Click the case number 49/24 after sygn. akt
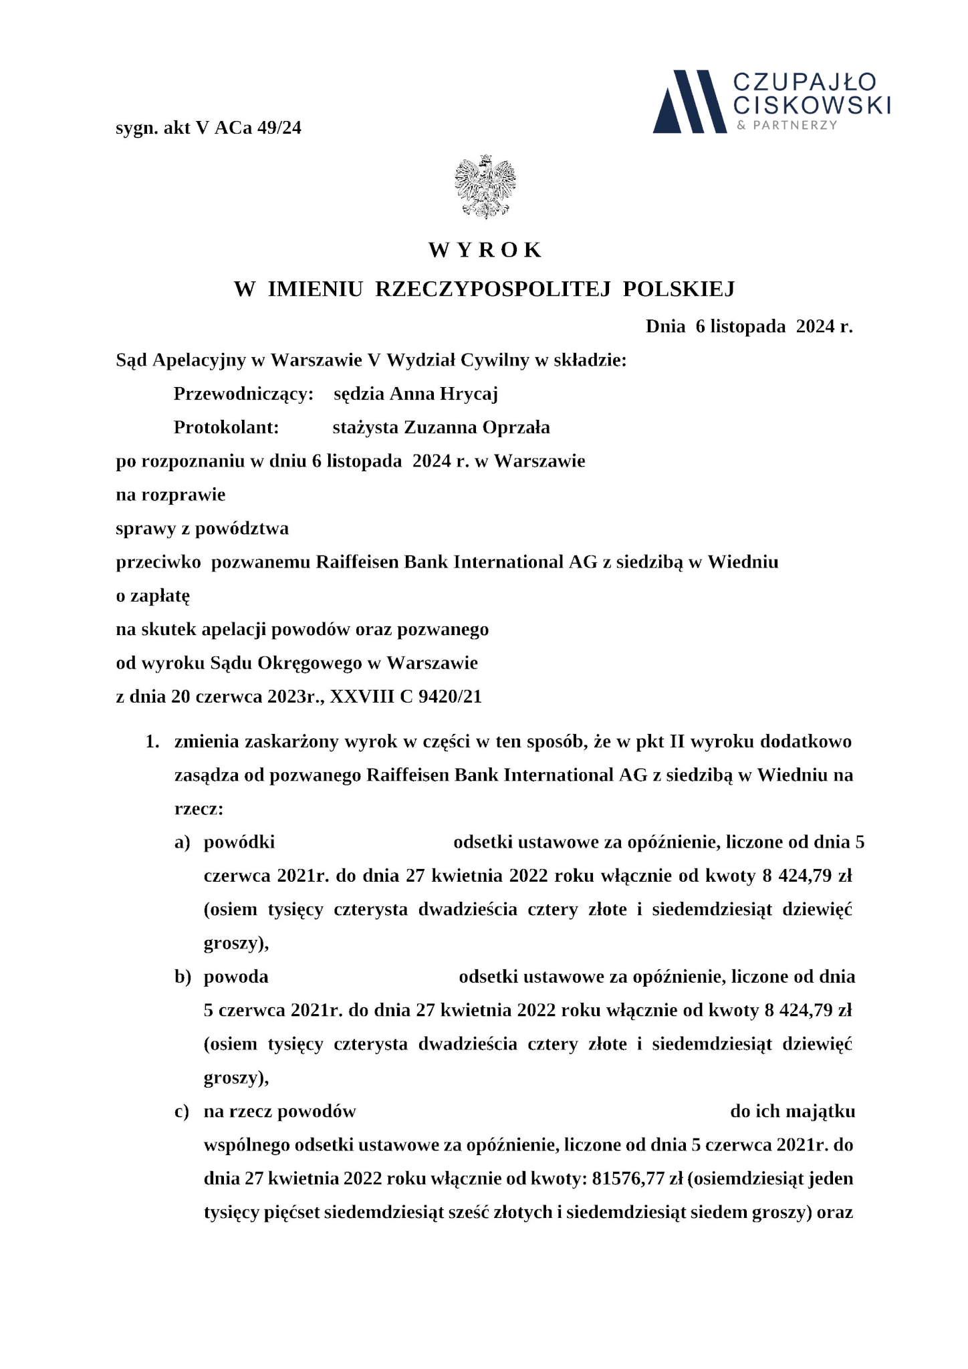click(279, 128)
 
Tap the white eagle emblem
click(485, 187)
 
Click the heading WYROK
click(485, 250)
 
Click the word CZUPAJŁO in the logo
click(804, 82)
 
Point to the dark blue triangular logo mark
click(689, 102)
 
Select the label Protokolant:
click(226, 427)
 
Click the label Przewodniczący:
click(243, 394)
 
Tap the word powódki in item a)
click(239, 842)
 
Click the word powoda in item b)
click(236, 977)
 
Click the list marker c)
click(182, 1112)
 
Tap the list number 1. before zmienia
click(152, 741)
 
